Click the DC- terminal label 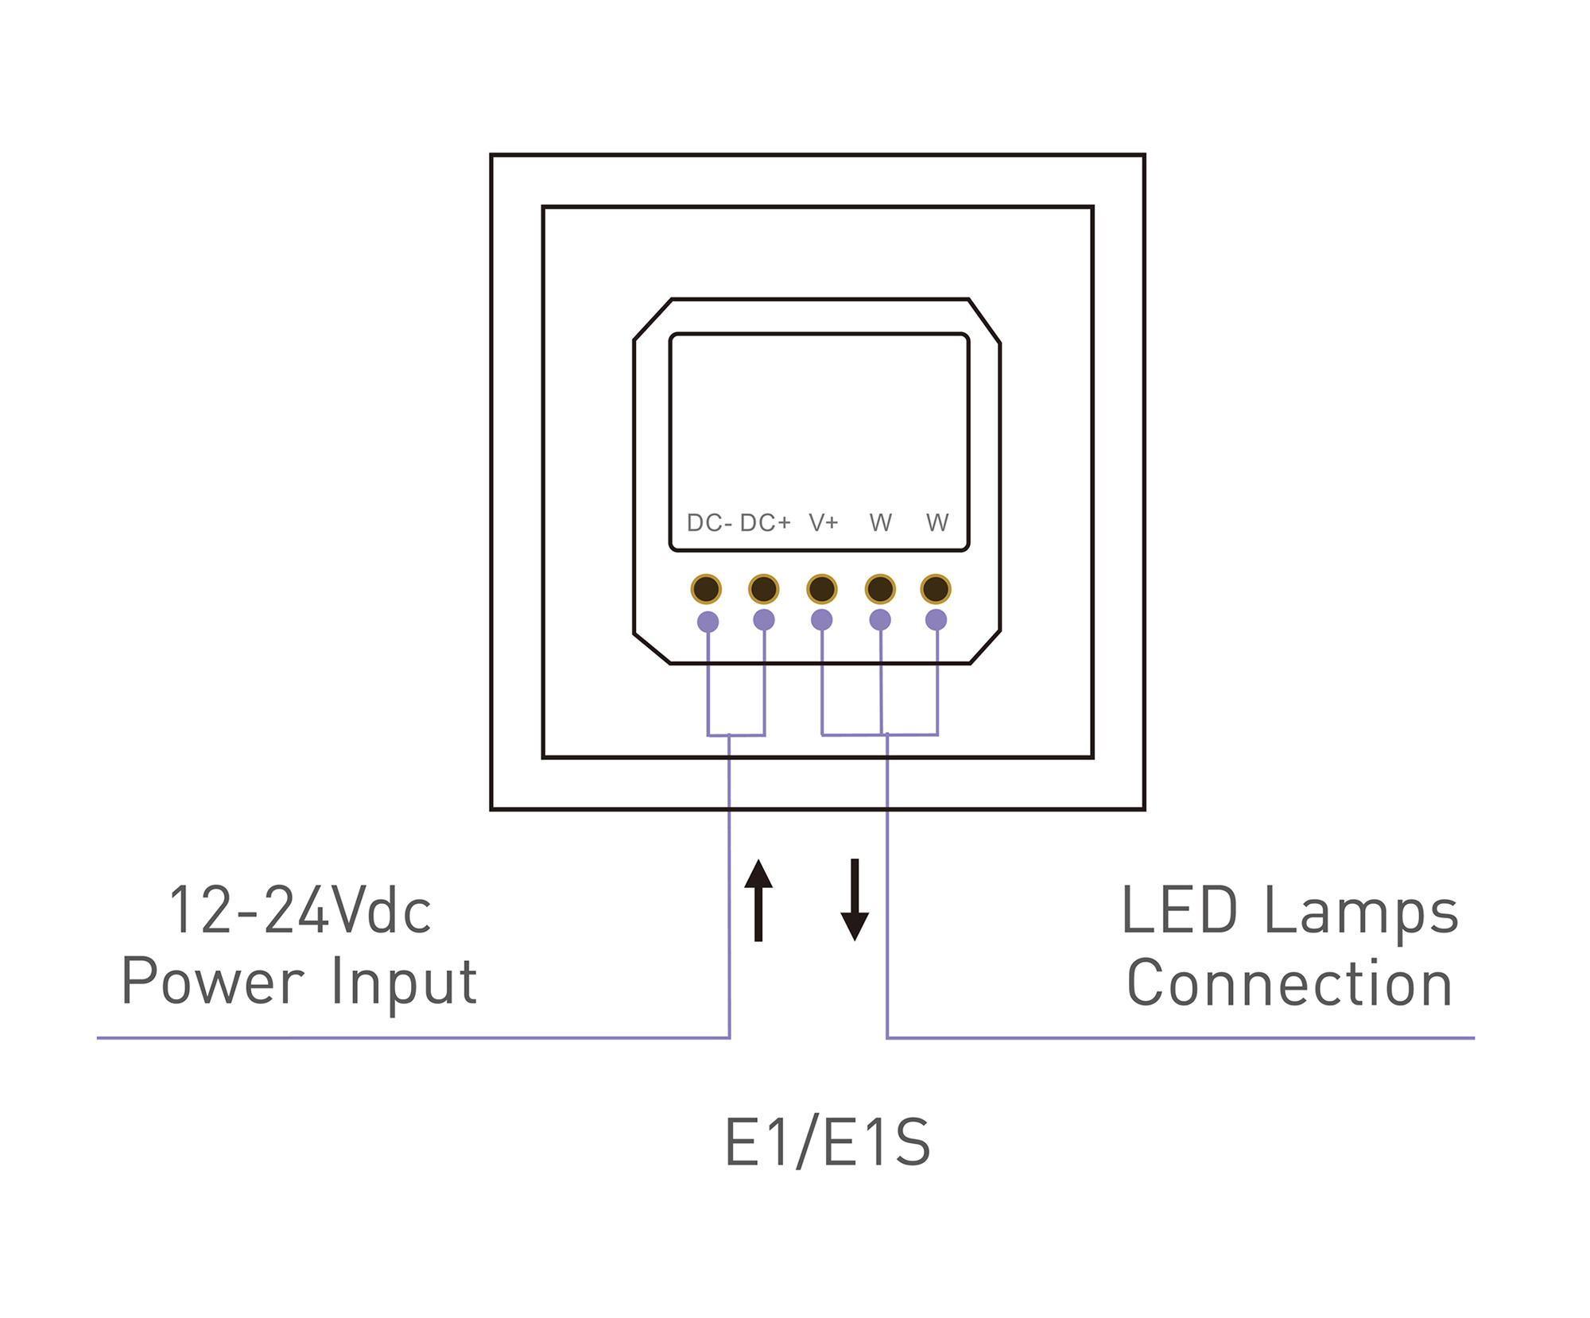(708, 523)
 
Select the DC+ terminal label (765, 523)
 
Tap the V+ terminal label (824, 523)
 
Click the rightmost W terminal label (937, 523)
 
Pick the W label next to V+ (881, 523)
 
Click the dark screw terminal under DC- (706, 589)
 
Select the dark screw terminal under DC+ (764, 589)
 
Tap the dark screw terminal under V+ (822, 589)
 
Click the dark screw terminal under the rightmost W (936, 589)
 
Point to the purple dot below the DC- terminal (708, 622)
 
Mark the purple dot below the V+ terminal (822, 620)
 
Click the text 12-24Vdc (300, 911)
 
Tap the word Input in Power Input (404, 983)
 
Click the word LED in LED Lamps (1179, 911)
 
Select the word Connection (1289, 984)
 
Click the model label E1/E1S (827, 1142)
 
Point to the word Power (213, 983)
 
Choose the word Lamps (1361, 913)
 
